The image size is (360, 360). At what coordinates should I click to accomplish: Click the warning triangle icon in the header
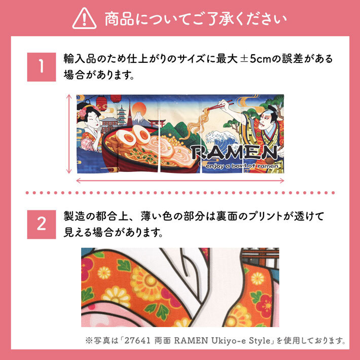(84, 19)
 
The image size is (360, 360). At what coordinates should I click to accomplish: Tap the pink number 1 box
(42, 67)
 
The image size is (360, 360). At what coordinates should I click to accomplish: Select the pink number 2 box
(42, 224)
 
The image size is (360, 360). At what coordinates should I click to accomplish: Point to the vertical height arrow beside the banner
(69, 134)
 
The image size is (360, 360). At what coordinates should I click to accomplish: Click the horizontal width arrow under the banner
(180, 181)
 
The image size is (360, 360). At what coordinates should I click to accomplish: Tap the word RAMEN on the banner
(234, 153)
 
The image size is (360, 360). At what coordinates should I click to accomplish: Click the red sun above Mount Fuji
(139, 109)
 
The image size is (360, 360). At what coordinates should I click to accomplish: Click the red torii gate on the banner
(157, 123)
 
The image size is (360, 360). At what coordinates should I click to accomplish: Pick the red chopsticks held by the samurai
(219, 105)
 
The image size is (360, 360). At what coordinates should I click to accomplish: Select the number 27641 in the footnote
(137, 340)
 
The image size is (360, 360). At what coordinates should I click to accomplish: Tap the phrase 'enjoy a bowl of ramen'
(242, 166)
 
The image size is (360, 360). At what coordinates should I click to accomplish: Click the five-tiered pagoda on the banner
(121, 116)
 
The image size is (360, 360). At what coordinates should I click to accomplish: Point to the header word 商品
(119, 19)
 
